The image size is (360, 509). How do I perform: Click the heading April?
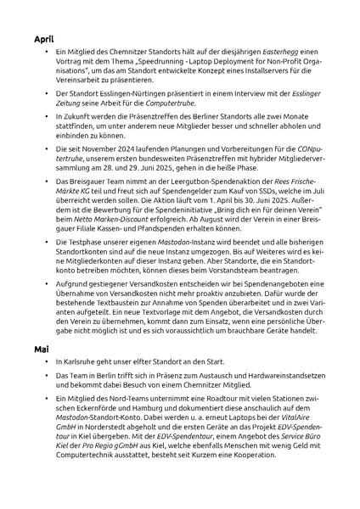(45, 39)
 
